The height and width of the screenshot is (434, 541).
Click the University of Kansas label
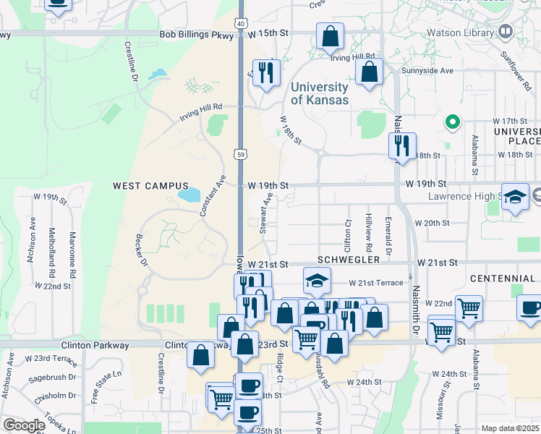(319, 93)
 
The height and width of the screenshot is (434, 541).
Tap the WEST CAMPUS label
(150, 186)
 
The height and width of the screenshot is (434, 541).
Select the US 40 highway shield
(241, 4)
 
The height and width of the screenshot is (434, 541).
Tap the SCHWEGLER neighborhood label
(349, 259)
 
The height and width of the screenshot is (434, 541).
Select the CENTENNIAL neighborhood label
(502, 278)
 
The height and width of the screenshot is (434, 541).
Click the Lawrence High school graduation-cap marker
(515, 197)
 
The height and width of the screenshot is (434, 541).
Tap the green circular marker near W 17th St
(453, 122)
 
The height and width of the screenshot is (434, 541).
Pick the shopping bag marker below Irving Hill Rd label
(369, 72)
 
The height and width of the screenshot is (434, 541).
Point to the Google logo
(24, 425)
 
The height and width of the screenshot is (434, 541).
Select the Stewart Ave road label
(265, 213)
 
